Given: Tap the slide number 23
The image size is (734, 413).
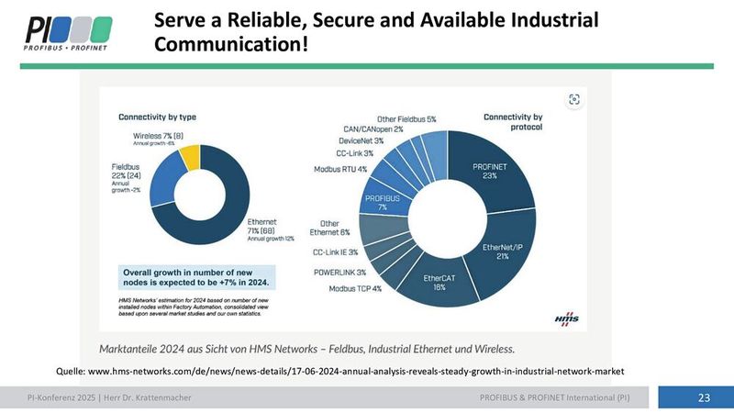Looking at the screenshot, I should click(x=704, y=397).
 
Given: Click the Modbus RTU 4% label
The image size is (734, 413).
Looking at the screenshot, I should click(x=340, y=169).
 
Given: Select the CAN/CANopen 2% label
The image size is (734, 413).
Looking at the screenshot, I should click(x=372, y=129).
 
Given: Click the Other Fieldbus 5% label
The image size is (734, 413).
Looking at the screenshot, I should click(x=406, y=119).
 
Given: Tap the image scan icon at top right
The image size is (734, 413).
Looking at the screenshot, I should click(x=573, y=100).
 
